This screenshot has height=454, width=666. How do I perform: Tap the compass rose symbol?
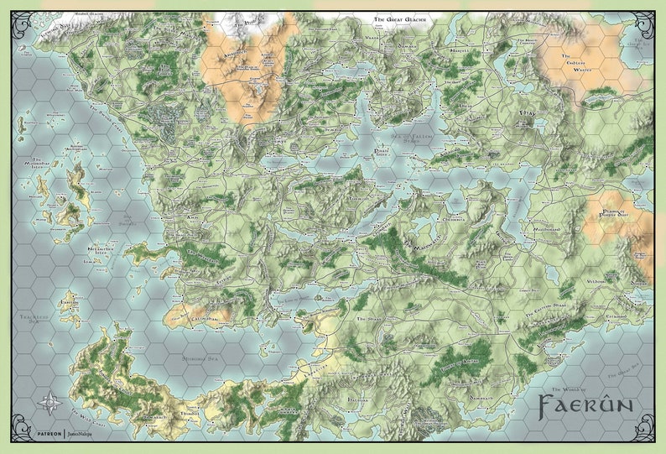pyautogui.click(x=53, y=403)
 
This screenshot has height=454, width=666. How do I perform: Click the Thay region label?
pyautogui.click(x=528, y=123)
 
